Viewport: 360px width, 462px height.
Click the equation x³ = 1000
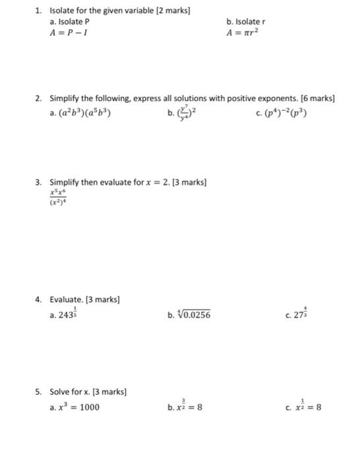(78, 407)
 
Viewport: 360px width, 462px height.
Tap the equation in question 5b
(189, 407)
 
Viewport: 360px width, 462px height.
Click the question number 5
(39, 392)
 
